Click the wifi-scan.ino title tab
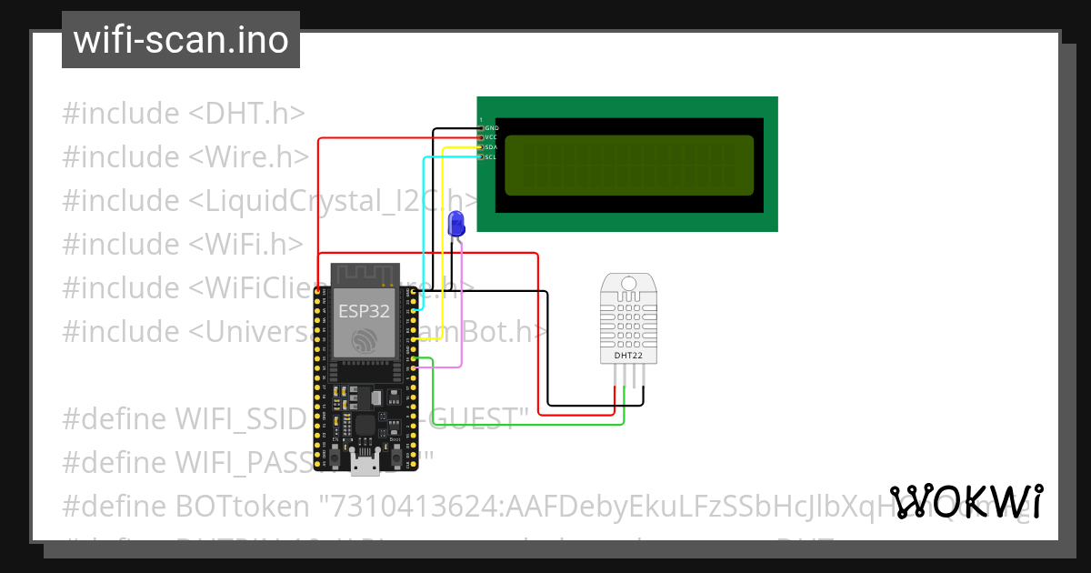coord(180,40)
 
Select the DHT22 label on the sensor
coord(626,356)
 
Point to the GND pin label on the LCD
coord(492,128)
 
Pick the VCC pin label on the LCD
coord(492,137)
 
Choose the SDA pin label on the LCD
coord(492,147)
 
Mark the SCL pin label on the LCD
coord(492,157)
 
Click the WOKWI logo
coord(966,502)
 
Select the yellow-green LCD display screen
coord(629,166)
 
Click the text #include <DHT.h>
coord(183,114)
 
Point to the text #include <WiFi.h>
coord(183,244)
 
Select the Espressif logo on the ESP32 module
coord(364,341)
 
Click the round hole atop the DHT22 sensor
coord(627,284)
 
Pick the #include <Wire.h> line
coord(186,157)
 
